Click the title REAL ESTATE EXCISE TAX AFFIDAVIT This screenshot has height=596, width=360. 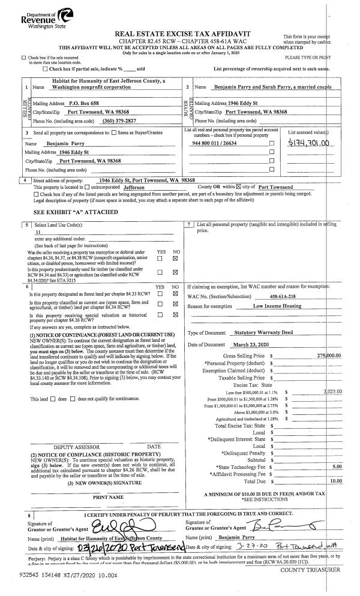pos(182,35)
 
